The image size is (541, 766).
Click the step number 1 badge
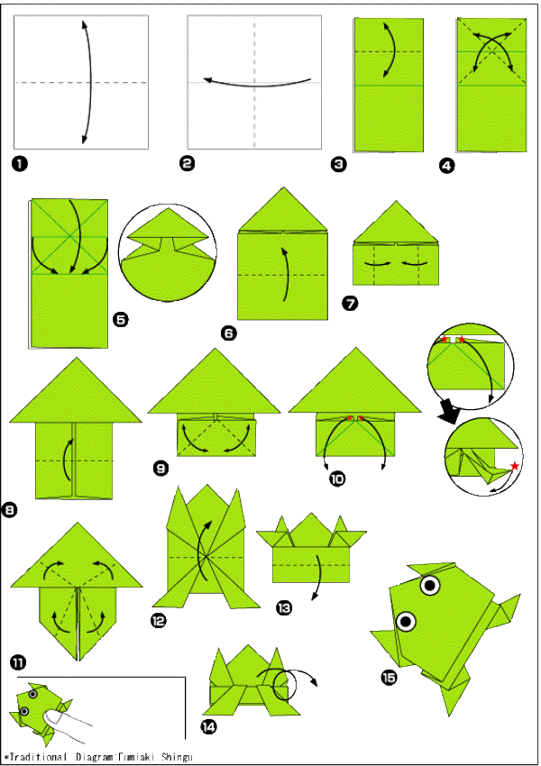coord(20,163)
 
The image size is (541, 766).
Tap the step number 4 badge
coord(446,166)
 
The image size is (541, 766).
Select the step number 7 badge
coord(350,303)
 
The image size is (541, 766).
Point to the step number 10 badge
coord(337,479)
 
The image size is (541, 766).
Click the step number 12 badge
coord(159,621)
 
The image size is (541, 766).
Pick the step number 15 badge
coord(389,678)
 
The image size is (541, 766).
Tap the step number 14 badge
coord(208,727)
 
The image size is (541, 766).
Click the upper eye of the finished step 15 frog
coord(431,585)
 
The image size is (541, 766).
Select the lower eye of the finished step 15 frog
coord(406,622)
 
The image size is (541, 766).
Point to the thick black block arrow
coord(450,410)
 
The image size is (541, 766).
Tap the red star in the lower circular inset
coord(514,466)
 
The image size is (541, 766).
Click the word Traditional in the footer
coord(38,757)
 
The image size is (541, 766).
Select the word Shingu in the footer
coord(177,757)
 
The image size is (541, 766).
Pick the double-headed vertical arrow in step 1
coord(88,83)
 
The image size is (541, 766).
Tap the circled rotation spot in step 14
coord(284,687)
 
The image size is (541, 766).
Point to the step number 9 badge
coord(160,469)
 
